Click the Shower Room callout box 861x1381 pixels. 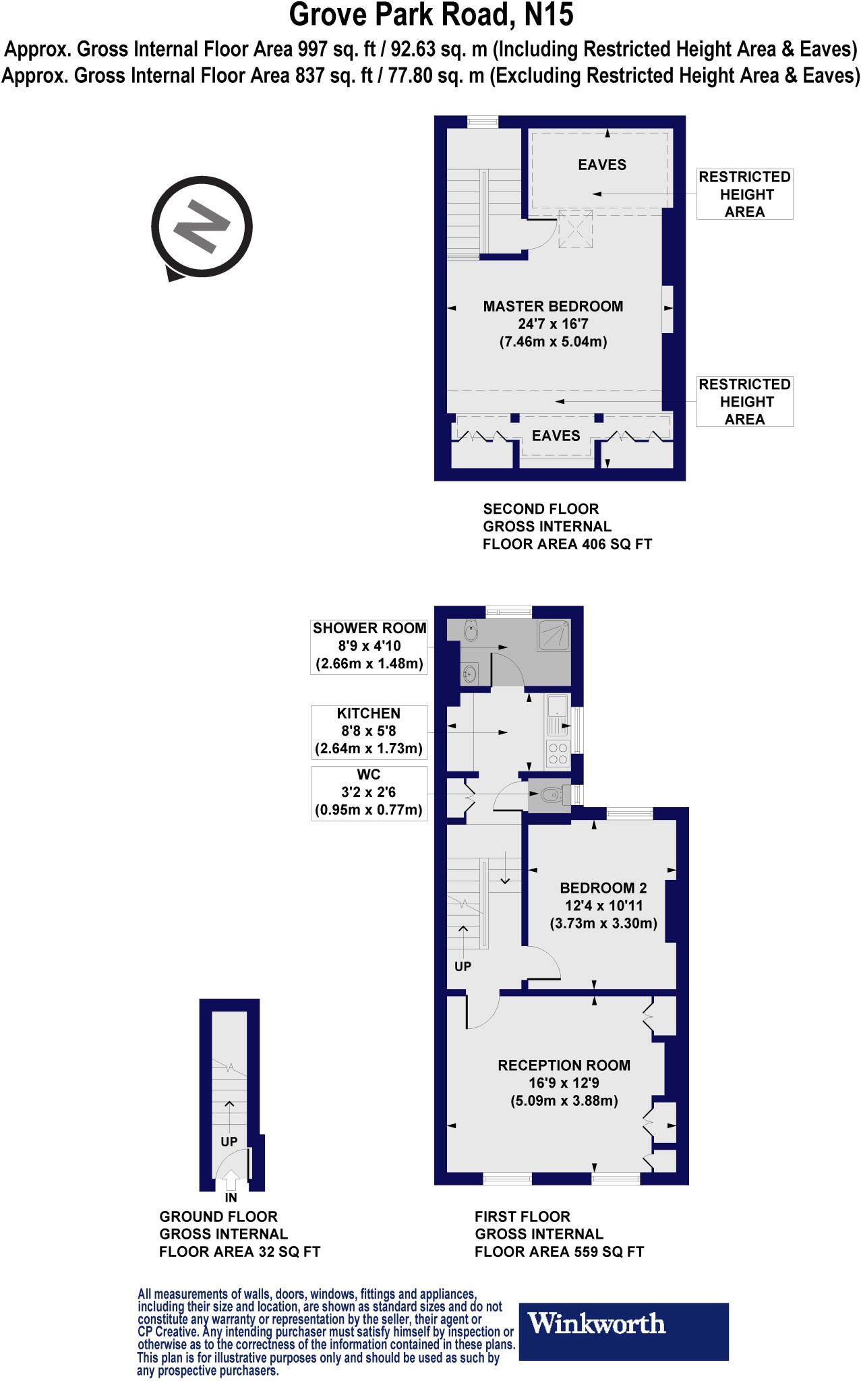[x=369, y=646]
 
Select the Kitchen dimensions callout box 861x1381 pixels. [x=369, y=731]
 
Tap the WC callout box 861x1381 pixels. [x=369, y=792]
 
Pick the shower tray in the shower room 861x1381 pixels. [x=554, y=635]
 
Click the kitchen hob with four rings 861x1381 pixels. [x=558, y=753]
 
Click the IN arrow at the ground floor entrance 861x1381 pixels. [x=231, y=1181]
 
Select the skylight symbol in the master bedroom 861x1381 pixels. [x=575, y=229]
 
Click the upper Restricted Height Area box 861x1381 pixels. [x=744, y=194]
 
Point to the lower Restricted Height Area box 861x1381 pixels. [x=744, y=401]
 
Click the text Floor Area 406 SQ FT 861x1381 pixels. [x=567, y=543]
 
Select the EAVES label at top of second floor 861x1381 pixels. [x=602, y=165]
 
